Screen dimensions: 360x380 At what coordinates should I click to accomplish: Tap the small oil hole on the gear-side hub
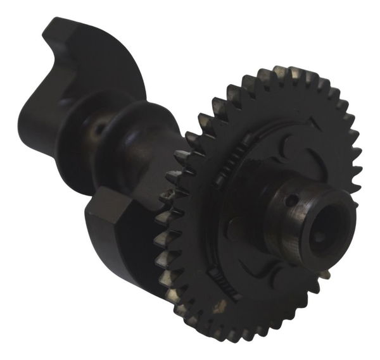click(290, 202)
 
